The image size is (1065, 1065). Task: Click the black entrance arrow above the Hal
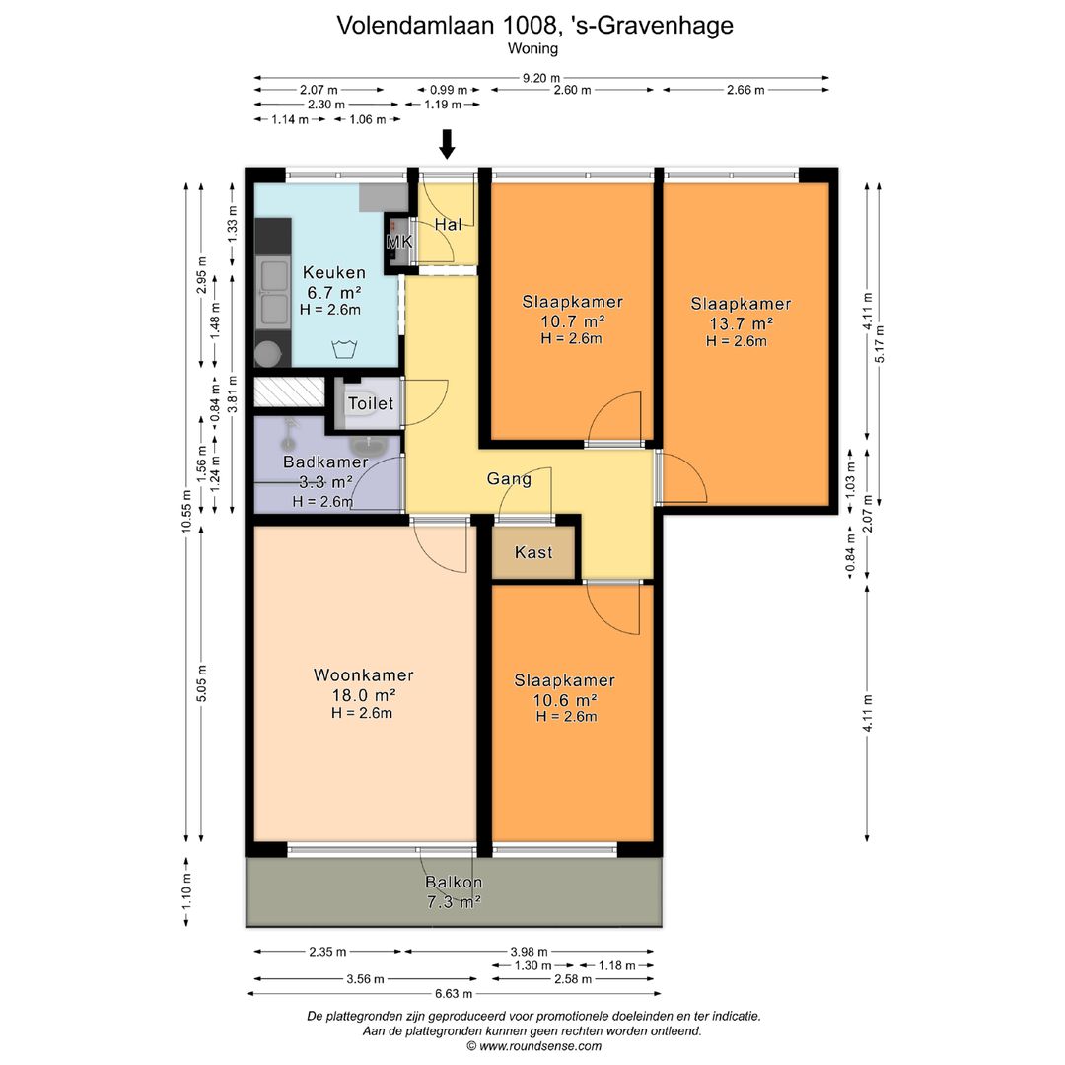[447, 144]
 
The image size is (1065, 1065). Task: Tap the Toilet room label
[371, 403]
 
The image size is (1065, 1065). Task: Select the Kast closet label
[533, 552]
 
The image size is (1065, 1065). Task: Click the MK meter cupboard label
[399, 242]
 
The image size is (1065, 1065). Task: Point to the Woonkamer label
[363, 675]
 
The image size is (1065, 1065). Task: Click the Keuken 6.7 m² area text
[333, 293]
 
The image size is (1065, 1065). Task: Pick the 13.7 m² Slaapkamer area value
[741, 323]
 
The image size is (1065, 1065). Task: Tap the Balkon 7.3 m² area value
[454, 902]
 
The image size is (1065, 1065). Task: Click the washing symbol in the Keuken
[344, 349]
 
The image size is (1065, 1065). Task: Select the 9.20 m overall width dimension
[541, 78]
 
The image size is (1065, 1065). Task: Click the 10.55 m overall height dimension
[186, 512]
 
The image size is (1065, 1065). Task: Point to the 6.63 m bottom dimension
[454, 994]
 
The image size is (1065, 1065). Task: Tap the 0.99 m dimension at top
[449, 90]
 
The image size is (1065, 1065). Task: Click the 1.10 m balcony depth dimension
[186, 891]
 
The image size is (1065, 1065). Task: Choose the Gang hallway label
[509, 479]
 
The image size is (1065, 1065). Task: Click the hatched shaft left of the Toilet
[289, 392]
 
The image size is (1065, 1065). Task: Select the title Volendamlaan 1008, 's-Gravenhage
[535, 25]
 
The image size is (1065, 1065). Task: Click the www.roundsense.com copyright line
[533, 1046]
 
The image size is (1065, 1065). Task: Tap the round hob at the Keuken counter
[267, 353]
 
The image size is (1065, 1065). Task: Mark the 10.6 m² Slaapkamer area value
[565, 700]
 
